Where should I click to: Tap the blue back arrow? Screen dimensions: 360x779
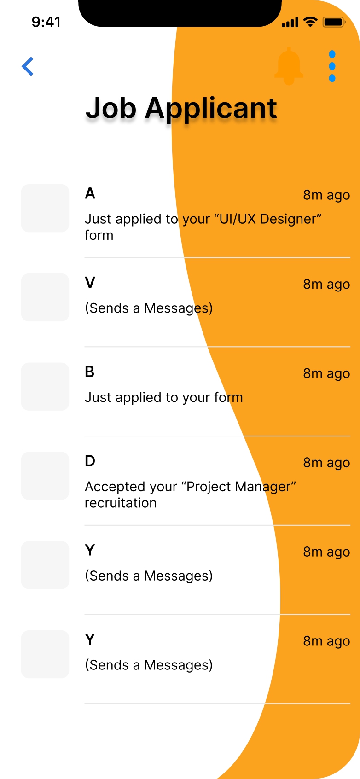28,66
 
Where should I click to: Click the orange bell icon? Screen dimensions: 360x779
289,66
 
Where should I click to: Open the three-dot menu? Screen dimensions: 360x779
332,66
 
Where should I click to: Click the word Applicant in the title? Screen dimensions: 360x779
211,109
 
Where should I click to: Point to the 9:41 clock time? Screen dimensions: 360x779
46,22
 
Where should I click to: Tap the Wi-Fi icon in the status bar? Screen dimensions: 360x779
311,22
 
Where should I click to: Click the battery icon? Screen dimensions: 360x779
334,22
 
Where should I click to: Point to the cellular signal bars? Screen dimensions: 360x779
290,22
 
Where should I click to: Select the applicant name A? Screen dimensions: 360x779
90,193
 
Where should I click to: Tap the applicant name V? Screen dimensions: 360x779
90,283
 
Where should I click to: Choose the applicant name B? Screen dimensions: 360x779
90,372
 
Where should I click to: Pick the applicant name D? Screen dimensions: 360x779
90,461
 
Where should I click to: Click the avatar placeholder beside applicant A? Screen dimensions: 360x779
45,208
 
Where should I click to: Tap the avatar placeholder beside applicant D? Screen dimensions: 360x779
45,476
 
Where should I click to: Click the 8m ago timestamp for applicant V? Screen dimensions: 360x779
326,285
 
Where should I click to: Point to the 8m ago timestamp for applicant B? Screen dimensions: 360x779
326,374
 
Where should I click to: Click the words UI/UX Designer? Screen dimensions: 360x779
267,219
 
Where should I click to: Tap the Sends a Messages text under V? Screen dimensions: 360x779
149,308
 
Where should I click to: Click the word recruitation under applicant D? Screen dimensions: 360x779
121,503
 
